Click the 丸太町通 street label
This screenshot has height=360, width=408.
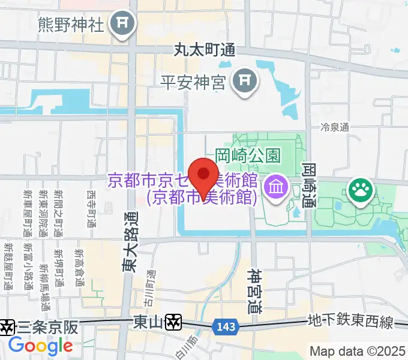pyautogui.click(x=204, y=50)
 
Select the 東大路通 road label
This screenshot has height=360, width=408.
pyautogui.click(x=130, y=242)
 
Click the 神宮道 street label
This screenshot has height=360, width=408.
pyautogui.click(x=254, y=290)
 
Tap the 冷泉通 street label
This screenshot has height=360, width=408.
pyautogui.click(x=335, y=127)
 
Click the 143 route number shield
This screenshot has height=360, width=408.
pyautogui.click(x=225, y=326)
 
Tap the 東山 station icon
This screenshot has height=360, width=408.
pyautogui.click(x=174, y=322)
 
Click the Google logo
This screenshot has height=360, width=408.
pyautogui.click(x=40, y=346)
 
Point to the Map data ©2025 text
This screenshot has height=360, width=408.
pyautogui.click(x=358, y=351)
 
